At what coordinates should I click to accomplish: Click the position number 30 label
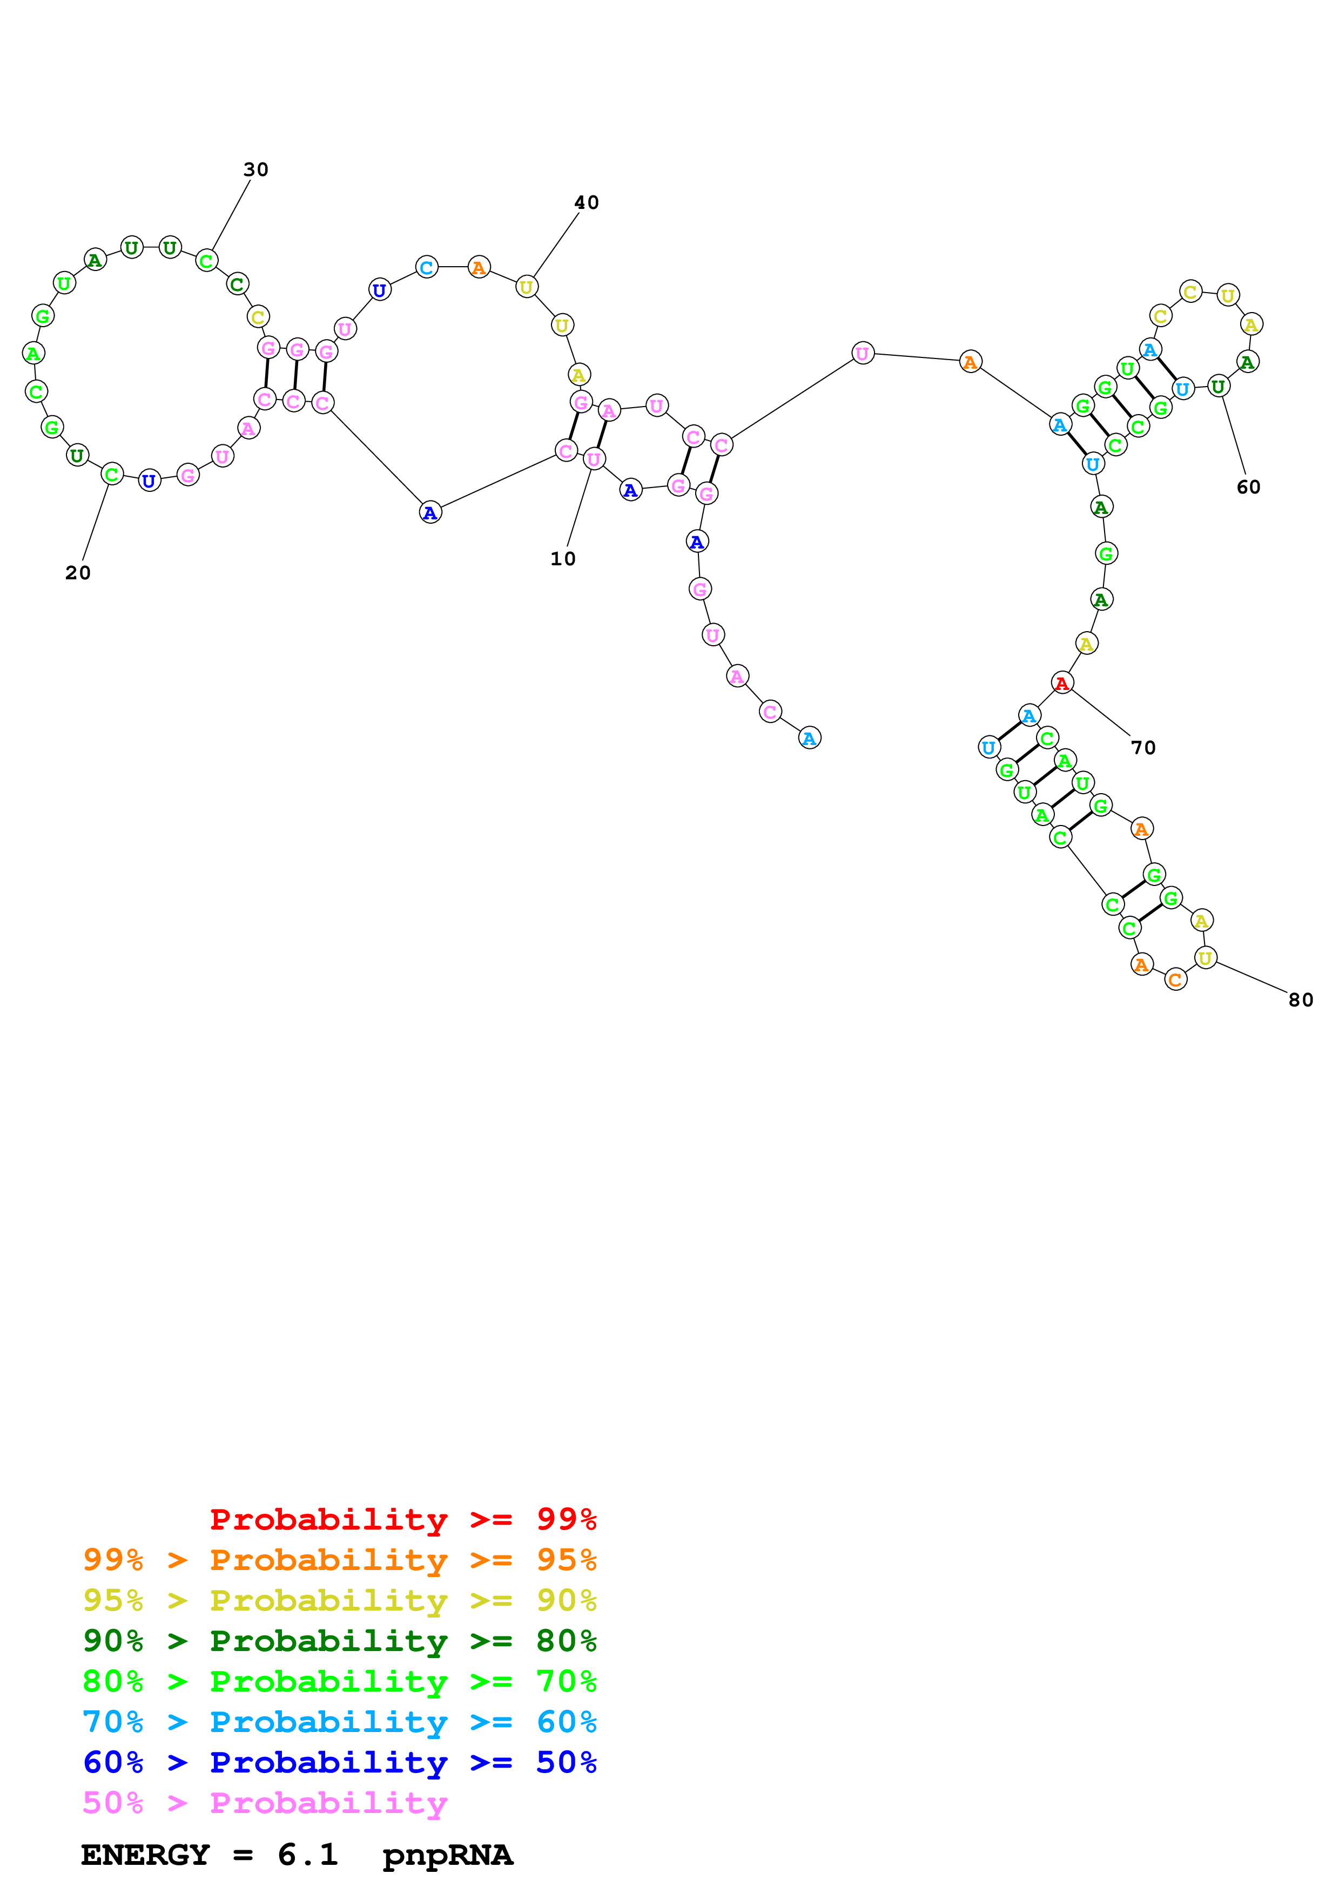point(255,170)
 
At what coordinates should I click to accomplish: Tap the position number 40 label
point(587,203)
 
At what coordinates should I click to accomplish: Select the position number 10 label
point(563,559)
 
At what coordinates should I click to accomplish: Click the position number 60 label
point(1248,488)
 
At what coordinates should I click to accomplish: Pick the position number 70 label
point(1142,748)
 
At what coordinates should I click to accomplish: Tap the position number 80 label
point(1300,1000)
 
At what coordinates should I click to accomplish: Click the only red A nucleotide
point(1062,683)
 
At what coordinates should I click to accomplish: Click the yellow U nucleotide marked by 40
point(526,287)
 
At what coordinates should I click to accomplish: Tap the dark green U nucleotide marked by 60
point(1217,385)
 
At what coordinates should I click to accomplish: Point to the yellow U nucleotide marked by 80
point(1206,958)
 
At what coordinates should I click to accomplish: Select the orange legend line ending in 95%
point(339,1560)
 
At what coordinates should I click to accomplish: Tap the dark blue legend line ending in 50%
point(339,1762)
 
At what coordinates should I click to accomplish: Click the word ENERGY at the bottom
point(145,1855)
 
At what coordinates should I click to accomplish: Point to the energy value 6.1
point(308,1855)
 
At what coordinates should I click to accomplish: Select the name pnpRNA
point(448,1855)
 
